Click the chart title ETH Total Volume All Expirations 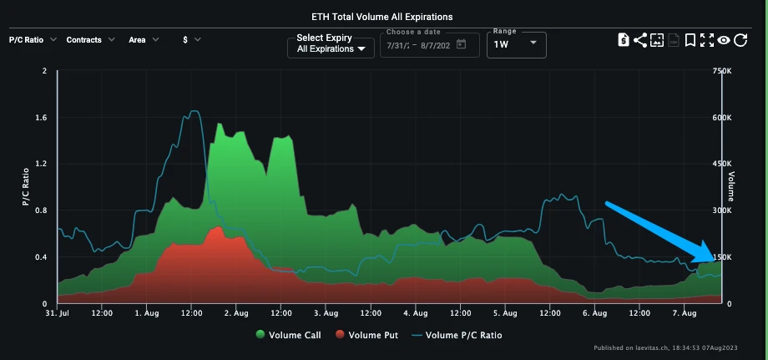point(383,17)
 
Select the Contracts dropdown point(90,39)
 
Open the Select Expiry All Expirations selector point(331,43)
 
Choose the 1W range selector point(516,44)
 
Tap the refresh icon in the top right point(740,40)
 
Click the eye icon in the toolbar point(724,40)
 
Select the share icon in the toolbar point(640,40)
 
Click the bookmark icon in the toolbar point(690,40)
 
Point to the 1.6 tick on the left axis point(40,118)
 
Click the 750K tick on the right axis point(722,71)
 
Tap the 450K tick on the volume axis point(722,164)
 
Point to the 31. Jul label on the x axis point(58,314)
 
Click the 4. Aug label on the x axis point(415,314)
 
